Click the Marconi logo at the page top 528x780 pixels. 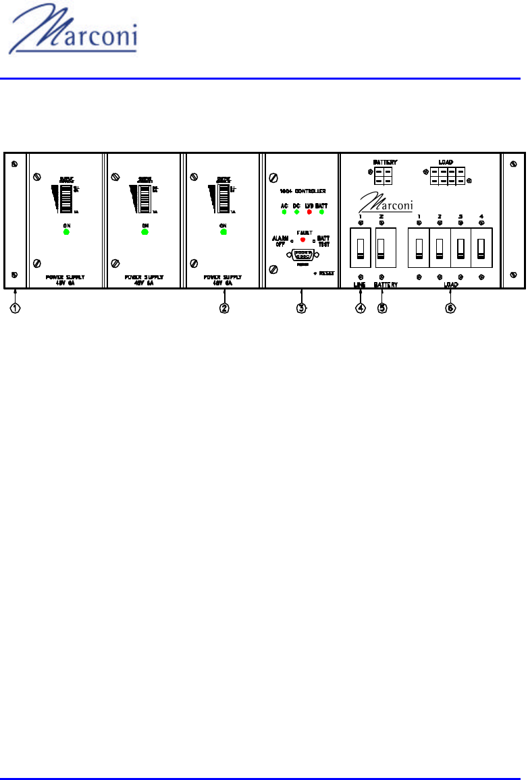click(x=74, y=36)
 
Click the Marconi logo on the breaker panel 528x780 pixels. click(x=386, y=200)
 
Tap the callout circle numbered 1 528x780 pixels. click(x=15, y=308)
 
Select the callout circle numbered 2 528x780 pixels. click(x=224, y=308)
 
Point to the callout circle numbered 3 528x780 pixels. click(x=301, y=308)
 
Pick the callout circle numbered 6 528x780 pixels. click(x=450, y=308)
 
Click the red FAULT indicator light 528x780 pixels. click(x=302, y=240)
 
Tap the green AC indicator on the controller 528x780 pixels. click(x=284, y=212)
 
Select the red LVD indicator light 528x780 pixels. click(x=309, y=212)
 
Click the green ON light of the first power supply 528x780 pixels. click(x=65, y=232)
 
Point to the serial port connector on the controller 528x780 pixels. click(x=302, y=256)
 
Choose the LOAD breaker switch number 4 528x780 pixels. click(x=481, y=248)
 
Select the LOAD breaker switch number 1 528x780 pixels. click(x=419, y=248)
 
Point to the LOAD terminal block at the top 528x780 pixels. click(x=447, y=177)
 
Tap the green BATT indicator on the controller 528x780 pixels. click(x=322, y=212)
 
